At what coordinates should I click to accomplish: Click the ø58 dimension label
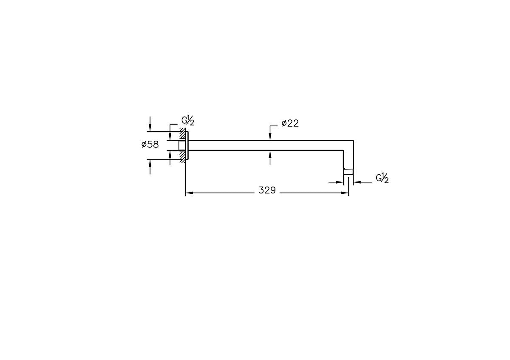(x=150, y=145)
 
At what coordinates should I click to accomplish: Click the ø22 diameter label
(x=290, y=123)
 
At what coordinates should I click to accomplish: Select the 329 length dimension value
(x=267, y=190)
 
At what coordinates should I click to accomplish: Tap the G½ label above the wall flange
(x=188, y=121)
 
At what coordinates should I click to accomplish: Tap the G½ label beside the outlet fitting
(x=382, y=179)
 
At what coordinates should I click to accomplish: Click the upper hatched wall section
(x=182, y=133)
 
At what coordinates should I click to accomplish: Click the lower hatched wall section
(x=182, y=156)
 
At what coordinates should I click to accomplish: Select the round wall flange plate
(x=187, y=145)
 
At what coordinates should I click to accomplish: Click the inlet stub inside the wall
(x=181, y=145)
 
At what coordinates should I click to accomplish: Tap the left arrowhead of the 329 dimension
(x=190, y=193)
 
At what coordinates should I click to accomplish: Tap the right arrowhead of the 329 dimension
(x=345, y=193)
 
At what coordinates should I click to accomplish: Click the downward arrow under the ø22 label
(x=270, y=136)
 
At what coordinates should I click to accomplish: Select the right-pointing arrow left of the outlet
(x=340, y=182)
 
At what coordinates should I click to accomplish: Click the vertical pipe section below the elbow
(x=348, y=159)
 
